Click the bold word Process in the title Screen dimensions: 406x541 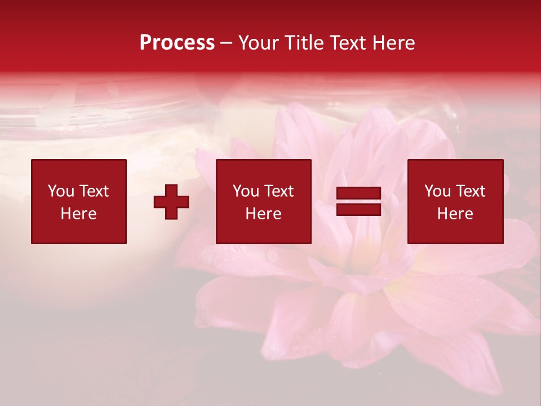click(177, 43)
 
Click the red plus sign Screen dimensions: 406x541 click(171, 201)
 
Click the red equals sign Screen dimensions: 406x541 click(358, 201)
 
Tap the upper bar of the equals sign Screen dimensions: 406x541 click(358, 194)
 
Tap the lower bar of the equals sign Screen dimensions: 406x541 click(358, 209)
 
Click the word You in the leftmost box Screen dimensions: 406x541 click(61, 191)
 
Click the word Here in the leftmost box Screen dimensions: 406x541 click(78, 214)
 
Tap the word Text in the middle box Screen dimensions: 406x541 click(278, 191)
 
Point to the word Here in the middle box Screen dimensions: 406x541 click(263, 214)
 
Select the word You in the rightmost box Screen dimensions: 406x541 click(437, 191)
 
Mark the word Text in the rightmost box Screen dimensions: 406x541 click(470, 191)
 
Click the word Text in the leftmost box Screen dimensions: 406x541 click(94, 191)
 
